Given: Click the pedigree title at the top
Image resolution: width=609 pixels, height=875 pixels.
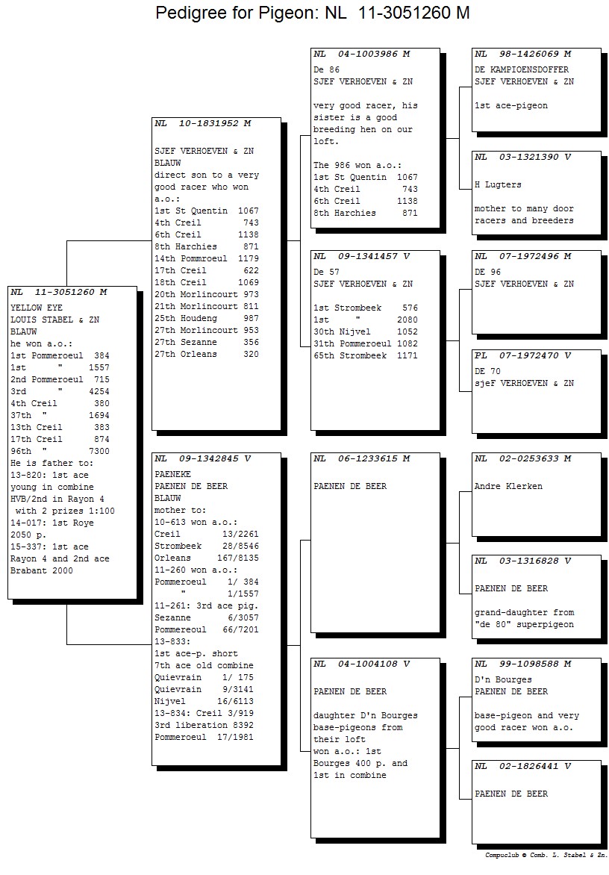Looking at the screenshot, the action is click(312, 12).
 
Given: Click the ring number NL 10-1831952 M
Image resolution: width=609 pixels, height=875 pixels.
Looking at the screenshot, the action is click(203, 123).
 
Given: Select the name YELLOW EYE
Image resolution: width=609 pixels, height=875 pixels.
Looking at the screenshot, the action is click(37, 308).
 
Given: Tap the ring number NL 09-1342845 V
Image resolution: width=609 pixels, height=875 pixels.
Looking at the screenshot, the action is click(203, 458).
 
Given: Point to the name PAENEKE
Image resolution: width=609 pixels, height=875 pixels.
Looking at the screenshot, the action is click(173, 474).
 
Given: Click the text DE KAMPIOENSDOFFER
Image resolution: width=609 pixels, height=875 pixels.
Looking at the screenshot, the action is click(522, 69).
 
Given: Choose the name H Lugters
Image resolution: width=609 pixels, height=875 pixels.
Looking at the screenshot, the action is click(498, 184).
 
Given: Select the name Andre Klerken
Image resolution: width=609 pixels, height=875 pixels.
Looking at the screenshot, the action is click(508, 486).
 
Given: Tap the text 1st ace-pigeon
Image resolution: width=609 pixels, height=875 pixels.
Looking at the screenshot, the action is click(511, 106).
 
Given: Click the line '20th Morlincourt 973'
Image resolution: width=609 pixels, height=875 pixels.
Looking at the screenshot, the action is click(207, 295).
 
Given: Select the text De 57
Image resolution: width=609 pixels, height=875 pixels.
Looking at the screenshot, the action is click(326, 272).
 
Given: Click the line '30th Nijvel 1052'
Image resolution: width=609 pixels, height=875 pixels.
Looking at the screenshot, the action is click(366, 331).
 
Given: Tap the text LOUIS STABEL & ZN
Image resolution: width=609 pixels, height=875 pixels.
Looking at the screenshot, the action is click(55, 320).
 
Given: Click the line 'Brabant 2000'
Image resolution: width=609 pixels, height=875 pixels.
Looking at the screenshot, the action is click(42, 571).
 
